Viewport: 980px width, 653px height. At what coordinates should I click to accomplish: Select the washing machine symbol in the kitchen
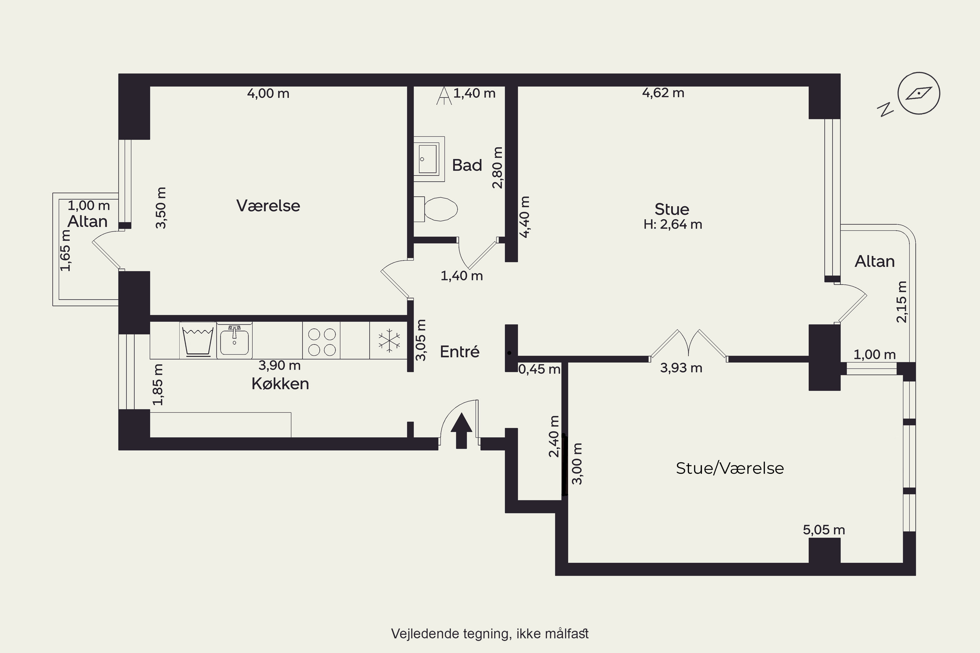(198, 341)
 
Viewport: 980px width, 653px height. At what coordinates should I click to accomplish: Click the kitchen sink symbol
(234, 341)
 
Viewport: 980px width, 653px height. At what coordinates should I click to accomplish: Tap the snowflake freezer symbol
(389, 340)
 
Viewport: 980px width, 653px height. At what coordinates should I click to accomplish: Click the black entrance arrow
(461, 430)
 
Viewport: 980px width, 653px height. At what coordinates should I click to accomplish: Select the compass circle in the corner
(919, 93)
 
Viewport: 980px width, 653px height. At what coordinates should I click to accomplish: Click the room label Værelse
(268, 206)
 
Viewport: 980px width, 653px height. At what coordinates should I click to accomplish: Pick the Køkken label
(280, 384)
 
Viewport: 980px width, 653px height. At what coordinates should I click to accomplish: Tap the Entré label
(460, 352)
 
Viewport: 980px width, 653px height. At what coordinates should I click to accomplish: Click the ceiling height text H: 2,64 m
(673, 225)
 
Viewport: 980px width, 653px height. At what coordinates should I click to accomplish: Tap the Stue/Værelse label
(729, 469)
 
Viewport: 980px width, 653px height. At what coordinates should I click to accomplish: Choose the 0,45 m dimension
(539, 369)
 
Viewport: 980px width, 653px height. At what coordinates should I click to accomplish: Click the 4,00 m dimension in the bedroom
(268, 93)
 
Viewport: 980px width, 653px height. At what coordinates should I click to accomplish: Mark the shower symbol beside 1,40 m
(444, 95)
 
